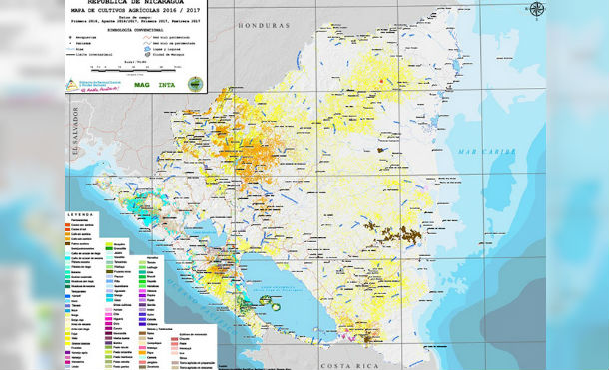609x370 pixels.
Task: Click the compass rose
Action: click(536, 10)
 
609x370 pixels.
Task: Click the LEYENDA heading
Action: click(82, 215)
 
